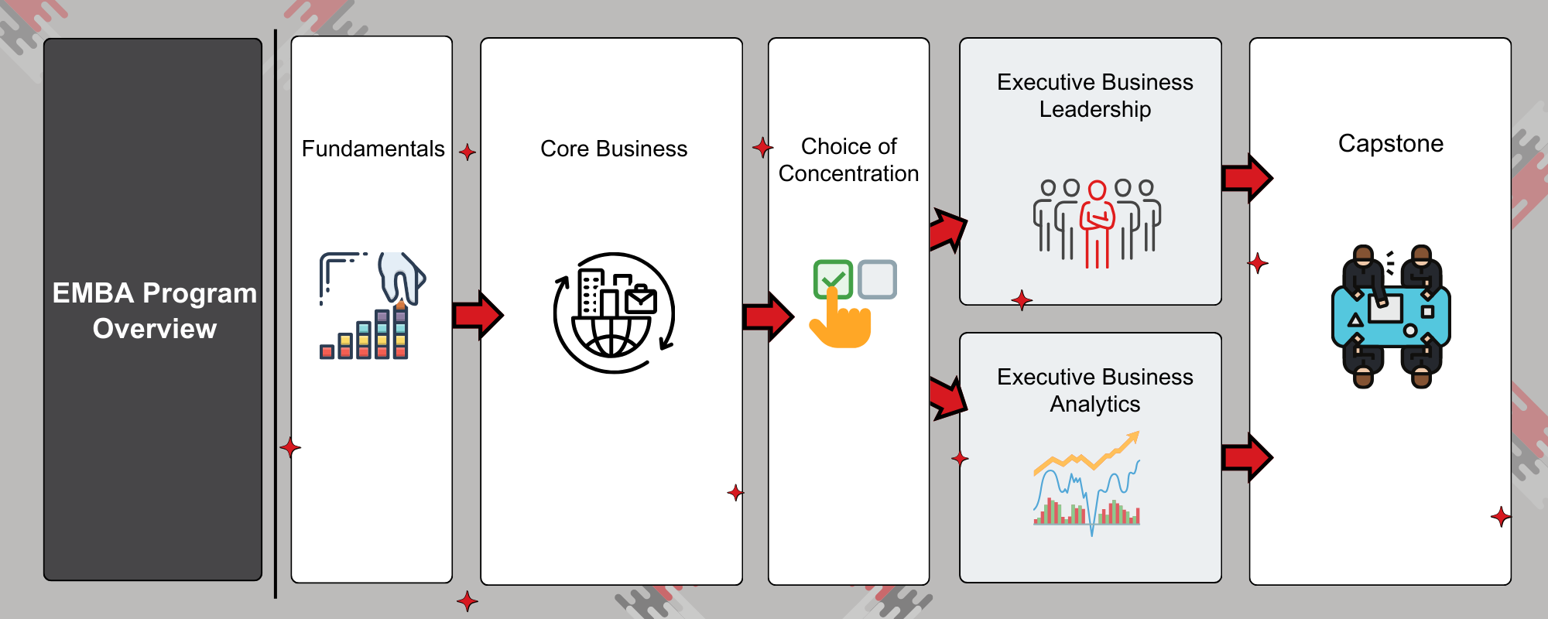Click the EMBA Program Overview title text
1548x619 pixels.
coord(154,310)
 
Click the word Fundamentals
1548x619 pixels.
coord(373,149)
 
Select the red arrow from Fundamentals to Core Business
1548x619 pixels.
coord(477,315)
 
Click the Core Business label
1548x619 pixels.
coord(613,149)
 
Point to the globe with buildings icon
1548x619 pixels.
coord(614,313)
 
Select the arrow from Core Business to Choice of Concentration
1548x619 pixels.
coord(767,316)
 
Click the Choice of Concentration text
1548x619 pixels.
coord(848,160)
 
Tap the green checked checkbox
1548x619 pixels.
coord(833,278)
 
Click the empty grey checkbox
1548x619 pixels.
coord(878,279)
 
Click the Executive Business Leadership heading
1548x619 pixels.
coord(1094,96)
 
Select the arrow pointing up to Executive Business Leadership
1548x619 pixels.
coord(948,229)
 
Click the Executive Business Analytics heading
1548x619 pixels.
coord(1094,391)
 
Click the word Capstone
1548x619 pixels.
coord(1390,144)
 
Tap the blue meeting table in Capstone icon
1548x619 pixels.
coord(1391,317)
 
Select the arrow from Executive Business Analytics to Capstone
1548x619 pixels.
coord(1246,457)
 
